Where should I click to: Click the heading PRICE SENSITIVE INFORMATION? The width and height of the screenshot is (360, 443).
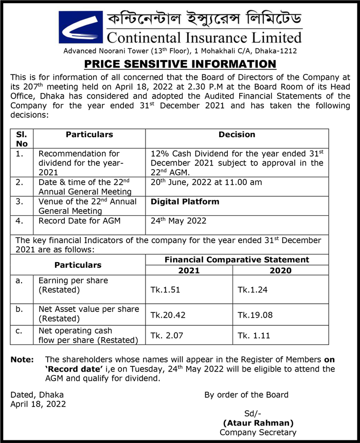[180, 64]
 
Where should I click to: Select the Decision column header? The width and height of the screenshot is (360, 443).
[237, 135]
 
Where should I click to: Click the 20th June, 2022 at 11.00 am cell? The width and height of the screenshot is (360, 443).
[206, 182]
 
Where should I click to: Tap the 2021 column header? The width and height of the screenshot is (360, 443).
[189, 270]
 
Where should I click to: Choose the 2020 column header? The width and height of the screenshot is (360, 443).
[280, 270]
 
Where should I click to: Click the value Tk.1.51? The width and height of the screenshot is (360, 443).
[165, 290]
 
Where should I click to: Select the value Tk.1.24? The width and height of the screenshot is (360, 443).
[253, 290]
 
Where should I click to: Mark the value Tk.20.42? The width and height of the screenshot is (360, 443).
[168, 313]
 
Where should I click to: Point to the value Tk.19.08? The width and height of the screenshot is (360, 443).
[255, 313]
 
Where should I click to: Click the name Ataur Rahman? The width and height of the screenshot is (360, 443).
[258, 423]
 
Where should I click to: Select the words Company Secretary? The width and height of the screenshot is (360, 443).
[258, 432]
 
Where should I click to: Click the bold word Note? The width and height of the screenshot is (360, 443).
[22, 360]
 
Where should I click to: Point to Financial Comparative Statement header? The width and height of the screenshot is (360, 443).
[237, 260]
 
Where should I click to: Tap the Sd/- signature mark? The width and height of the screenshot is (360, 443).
[251, 414]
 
